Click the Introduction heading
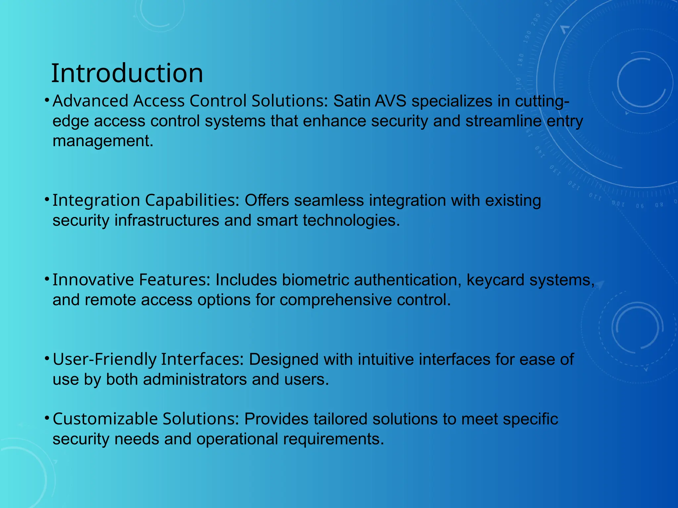(127, 73)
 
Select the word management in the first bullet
(103, 141)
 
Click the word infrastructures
(167, 220)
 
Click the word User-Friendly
(104, 359)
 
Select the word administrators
(195, 379)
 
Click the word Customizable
(105, 419)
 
